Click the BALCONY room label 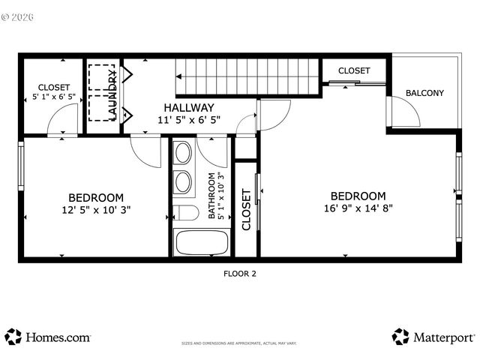424,94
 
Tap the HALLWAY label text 189,107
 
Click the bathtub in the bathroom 201,243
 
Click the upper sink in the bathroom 182,154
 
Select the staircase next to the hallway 247,75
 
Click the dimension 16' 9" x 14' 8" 358,208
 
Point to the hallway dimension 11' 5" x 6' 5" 189,120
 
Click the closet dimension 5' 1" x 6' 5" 53,97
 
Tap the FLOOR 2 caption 240,274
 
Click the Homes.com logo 48,337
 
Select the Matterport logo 433,337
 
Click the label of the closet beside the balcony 353,70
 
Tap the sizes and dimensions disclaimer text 239,343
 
